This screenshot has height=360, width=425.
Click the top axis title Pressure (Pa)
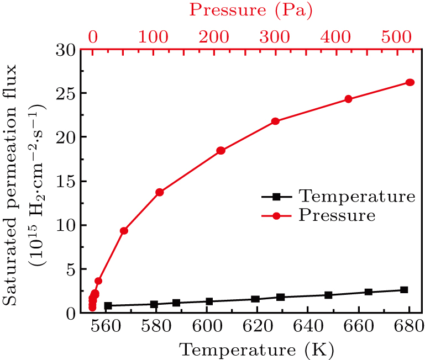pos(251,10)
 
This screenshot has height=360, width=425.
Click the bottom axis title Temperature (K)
pos(251,350)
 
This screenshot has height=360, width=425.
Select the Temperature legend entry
pos(356,196)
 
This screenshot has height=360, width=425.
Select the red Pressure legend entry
pos(337,215)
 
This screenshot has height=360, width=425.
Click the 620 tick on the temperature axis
pos(257,327)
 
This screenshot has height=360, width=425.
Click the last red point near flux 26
pos(410,82)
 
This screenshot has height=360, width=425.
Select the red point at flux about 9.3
pos(124,231)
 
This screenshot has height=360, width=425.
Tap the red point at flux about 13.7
pos(160,192)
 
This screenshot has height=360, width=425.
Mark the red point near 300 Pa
pos(275,121)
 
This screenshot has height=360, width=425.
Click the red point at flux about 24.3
pos(348,99)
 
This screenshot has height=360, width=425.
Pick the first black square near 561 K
pos(108,305)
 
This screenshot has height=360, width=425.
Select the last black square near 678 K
pos(404,290)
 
